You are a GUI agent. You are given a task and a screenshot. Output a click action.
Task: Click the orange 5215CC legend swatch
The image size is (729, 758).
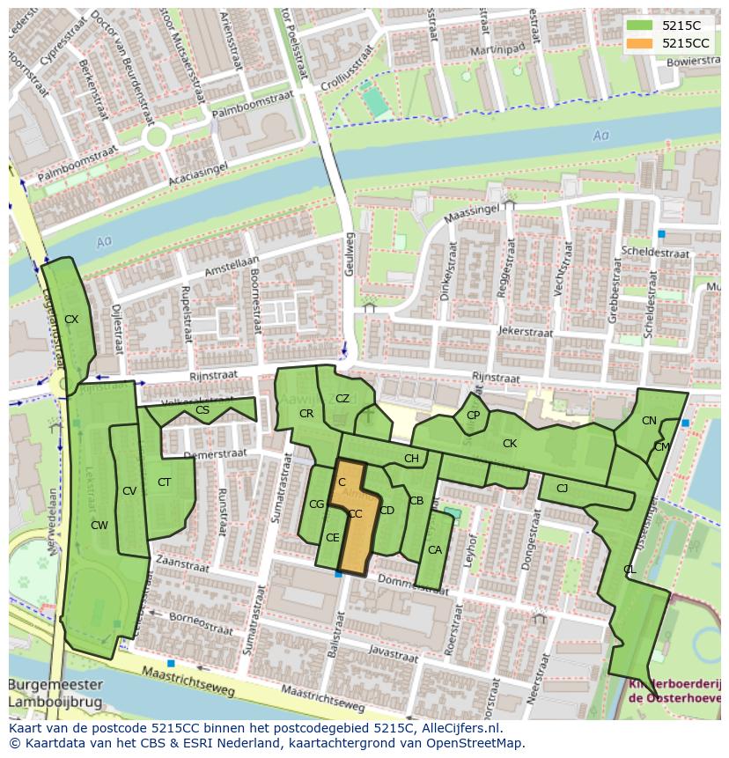[x=640, y=42]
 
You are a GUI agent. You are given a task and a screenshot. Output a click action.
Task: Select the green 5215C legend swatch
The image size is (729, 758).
[x=640, y=26]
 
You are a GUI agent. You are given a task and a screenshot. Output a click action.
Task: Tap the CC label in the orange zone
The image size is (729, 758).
[x=355, y=514]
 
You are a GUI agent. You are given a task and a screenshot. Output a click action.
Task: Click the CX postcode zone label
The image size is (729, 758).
[x=71, y=320]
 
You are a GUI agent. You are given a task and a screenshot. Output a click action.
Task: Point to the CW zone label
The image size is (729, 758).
[x=99, y=526]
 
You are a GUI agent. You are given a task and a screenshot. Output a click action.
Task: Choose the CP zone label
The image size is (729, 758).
[x=473, y=416]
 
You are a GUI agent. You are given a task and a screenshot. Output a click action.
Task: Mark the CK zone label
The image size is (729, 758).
[x=509, y=444]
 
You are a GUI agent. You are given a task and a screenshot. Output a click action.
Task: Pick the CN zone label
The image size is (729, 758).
[x=649, y=421]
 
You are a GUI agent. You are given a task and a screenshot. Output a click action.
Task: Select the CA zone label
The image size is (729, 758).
[x=434, y=550]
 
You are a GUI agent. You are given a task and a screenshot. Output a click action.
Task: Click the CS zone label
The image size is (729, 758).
[x=202, y=410]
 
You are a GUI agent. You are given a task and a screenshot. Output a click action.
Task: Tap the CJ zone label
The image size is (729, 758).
[x=562, y=488]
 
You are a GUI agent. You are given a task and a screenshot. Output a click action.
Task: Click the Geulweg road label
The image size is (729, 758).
[x=349, y=254]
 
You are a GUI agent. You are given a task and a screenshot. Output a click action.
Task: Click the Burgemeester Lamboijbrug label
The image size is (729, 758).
[x=55, y=693]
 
